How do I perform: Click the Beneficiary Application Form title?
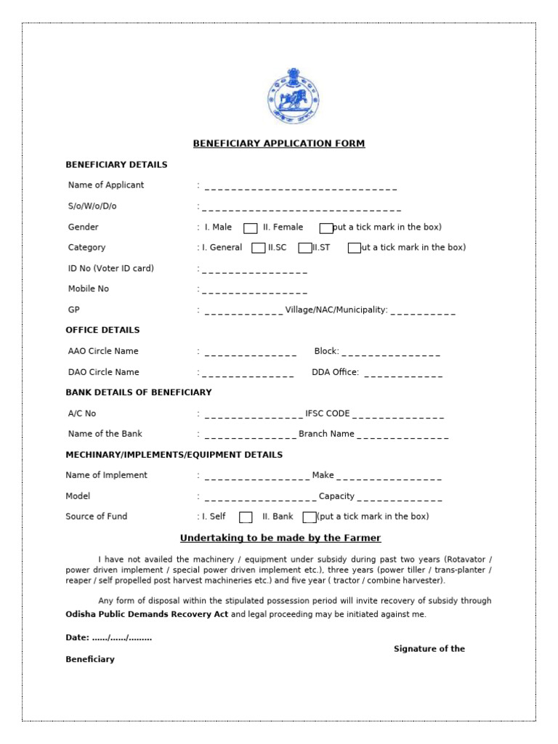279,144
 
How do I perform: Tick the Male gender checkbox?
250,227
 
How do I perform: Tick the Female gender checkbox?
326,227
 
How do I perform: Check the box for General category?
258,248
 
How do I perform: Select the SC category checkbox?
304,248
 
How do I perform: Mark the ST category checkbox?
355,248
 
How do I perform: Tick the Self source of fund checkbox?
246,517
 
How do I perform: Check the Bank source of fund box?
310,517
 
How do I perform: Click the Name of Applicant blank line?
301,189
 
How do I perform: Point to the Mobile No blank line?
254,293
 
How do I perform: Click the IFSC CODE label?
328,413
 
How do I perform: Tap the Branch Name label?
326,434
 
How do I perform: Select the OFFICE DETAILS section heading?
102,330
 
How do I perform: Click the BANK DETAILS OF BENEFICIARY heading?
139,392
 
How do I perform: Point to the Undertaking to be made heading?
280,538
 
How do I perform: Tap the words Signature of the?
429,649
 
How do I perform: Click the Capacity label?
336,496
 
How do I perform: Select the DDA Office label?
335,372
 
